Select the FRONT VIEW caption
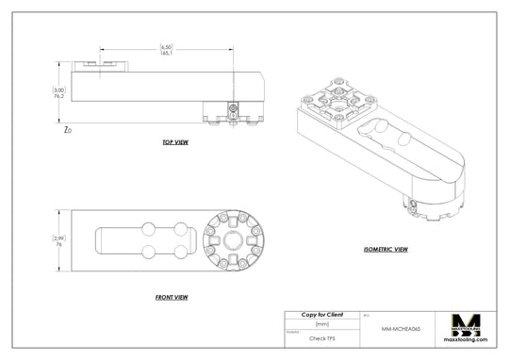tap(171, 297)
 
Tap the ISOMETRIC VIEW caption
tap(385, 250)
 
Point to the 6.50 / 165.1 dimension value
tap(166, 50)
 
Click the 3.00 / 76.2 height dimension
tap(58, 93)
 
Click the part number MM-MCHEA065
tap(402, 329)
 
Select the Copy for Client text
tap(321, 314)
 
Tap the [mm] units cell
tap(321, 323)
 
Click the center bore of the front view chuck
tap(232, 239)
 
